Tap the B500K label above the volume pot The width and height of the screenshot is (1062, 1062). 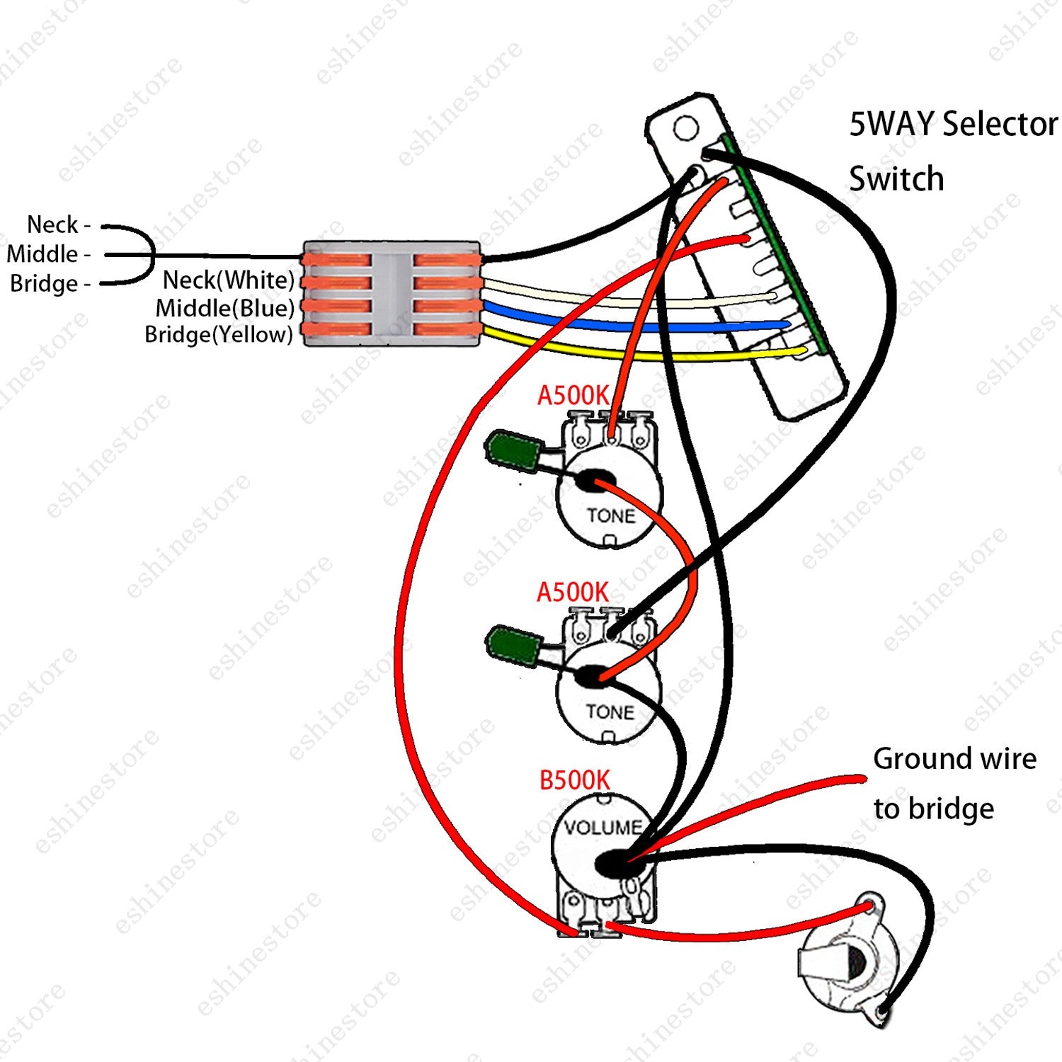pyautogui.click(x=574, y=780)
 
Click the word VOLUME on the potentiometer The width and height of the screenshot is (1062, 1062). pyautogui.click(x=603, y=827)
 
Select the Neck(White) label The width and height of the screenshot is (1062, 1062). pyautogui.click(x=228, y=280)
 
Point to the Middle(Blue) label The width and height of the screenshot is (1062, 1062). pyautogui.click(x=225, y=308)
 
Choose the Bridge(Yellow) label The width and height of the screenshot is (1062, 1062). pyautogui.click(x=219, y=334)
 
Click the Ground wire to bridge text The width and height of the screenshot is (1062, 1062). pyautogui.click(x=954, y=783)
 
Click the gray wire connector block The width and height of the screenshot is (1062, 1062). pyautogui.click(x=392, y=293)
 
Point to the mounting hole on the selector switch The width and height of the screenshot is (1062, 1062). pyautogui.click(x=685, y=129)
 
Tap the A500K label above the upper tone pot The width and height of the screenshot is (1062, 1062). pyautogui.click(x=573, y=396)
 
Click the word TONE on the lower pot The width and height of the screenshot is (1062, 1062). pyautogui.click(x=610, y=712)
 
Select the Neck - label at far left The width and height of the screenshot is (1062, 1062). pyautogui.click(x=59, y=225)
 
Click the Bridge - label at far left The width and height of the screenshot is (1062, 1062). pyautogui.click(x=50, y=284)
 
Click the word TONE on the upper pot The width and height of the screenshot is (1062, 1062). pyautogui.click(x=611, y=515)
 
